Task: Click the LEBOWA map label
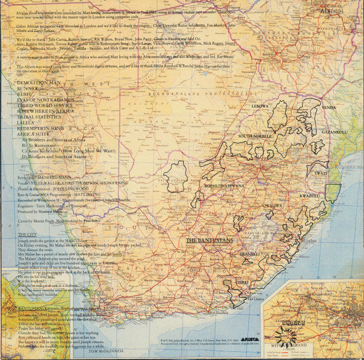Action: pos(260,106)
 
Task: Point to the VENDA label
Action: pos(329,107)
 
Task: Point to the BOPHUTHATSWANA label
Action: pos(224,186)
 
